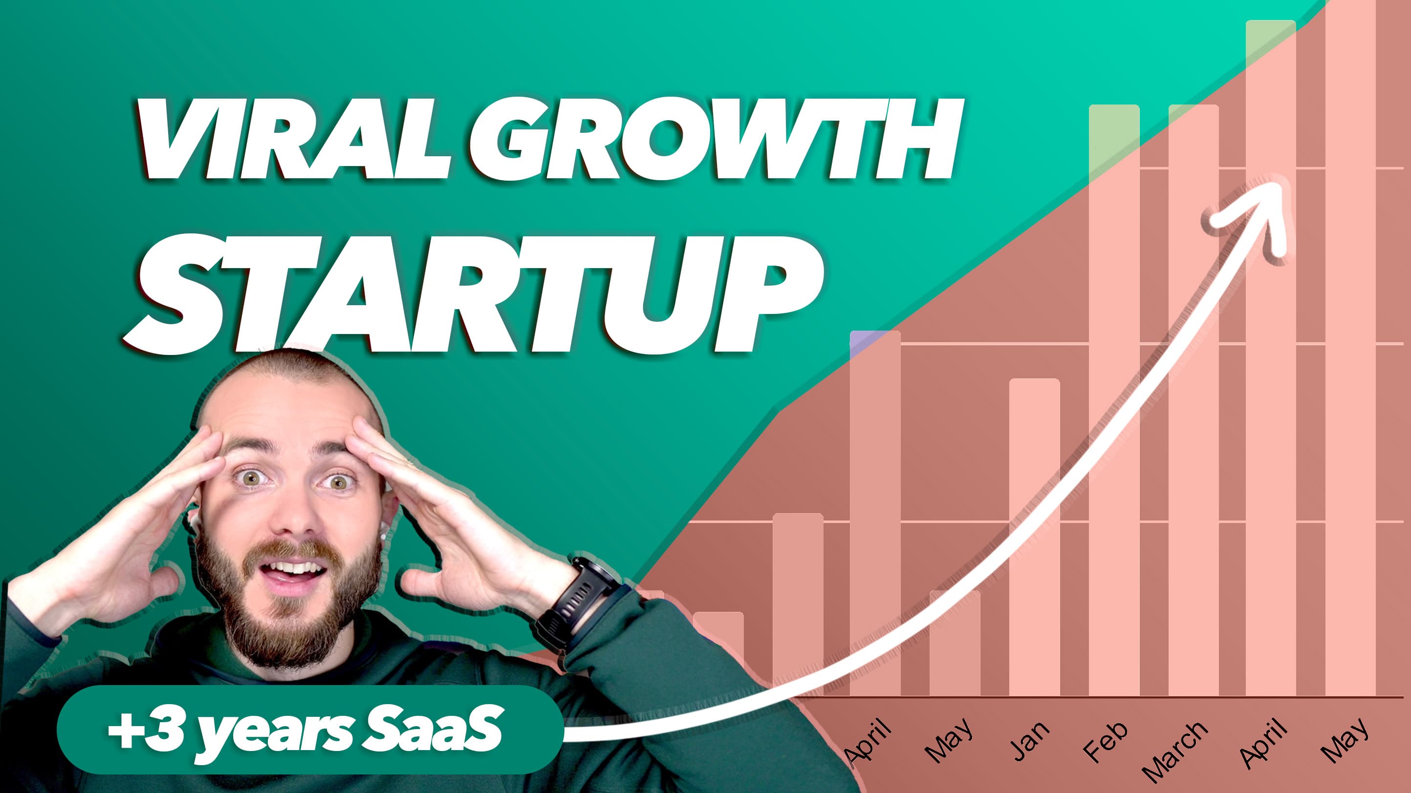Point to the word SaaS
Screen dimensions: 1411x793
click(433, 728)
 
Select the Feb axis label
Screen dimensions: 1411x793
click(1106, 741)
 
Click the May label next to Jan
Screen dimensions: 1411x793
click(949, 740)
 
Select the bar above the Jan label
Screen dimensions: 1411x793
click(1035, 538)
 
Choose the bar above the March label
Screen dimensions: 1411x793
click(1194, 400)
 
